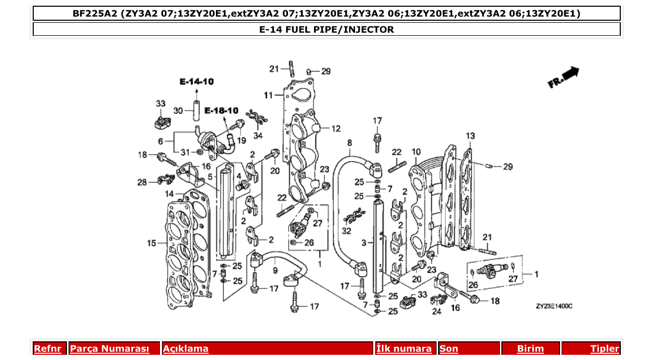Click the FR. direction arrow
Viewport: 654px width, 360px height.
pos(564,78)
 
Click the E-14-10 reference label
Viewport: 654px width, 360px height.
pos(197,81)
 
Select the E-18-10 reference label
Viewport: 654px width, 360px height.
pos(221,110)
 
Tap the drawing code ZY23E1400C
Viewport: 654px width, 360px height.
pos(554,307)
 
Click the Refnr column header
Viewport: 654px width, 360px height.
pos(47,349)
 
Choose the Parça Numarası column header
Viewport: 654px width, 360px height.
pos(109,349)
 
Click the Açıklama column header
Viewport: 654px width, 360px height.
pos(186,349)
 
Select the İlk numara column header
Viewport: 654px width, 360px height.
pos(404,349)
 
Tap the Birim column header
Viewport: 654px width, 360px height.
pos(530,349)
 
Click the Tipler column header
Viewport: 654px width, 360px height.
pos(605,349)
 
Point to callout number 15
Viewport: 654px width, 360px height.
pos(151,243)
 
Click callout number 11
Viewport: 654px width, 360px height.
pos(268,95)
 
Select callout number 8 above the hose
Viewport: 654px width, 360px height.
pos(349,142)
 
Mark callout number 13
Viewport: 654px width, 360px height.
pos(470,136)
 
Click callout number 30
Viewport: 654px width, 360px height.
pos(178,110)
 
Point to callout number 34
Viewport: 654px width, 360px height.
pos(258,136)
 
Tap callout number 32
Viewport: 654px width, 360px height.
pos(346,230)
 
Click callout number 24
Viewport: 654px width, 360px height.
pos(437,312)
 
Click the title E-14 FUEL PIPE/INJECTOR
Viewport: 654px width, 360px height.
pos(326,29)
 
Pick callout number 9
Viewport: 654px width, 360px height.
pos(275,270)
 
